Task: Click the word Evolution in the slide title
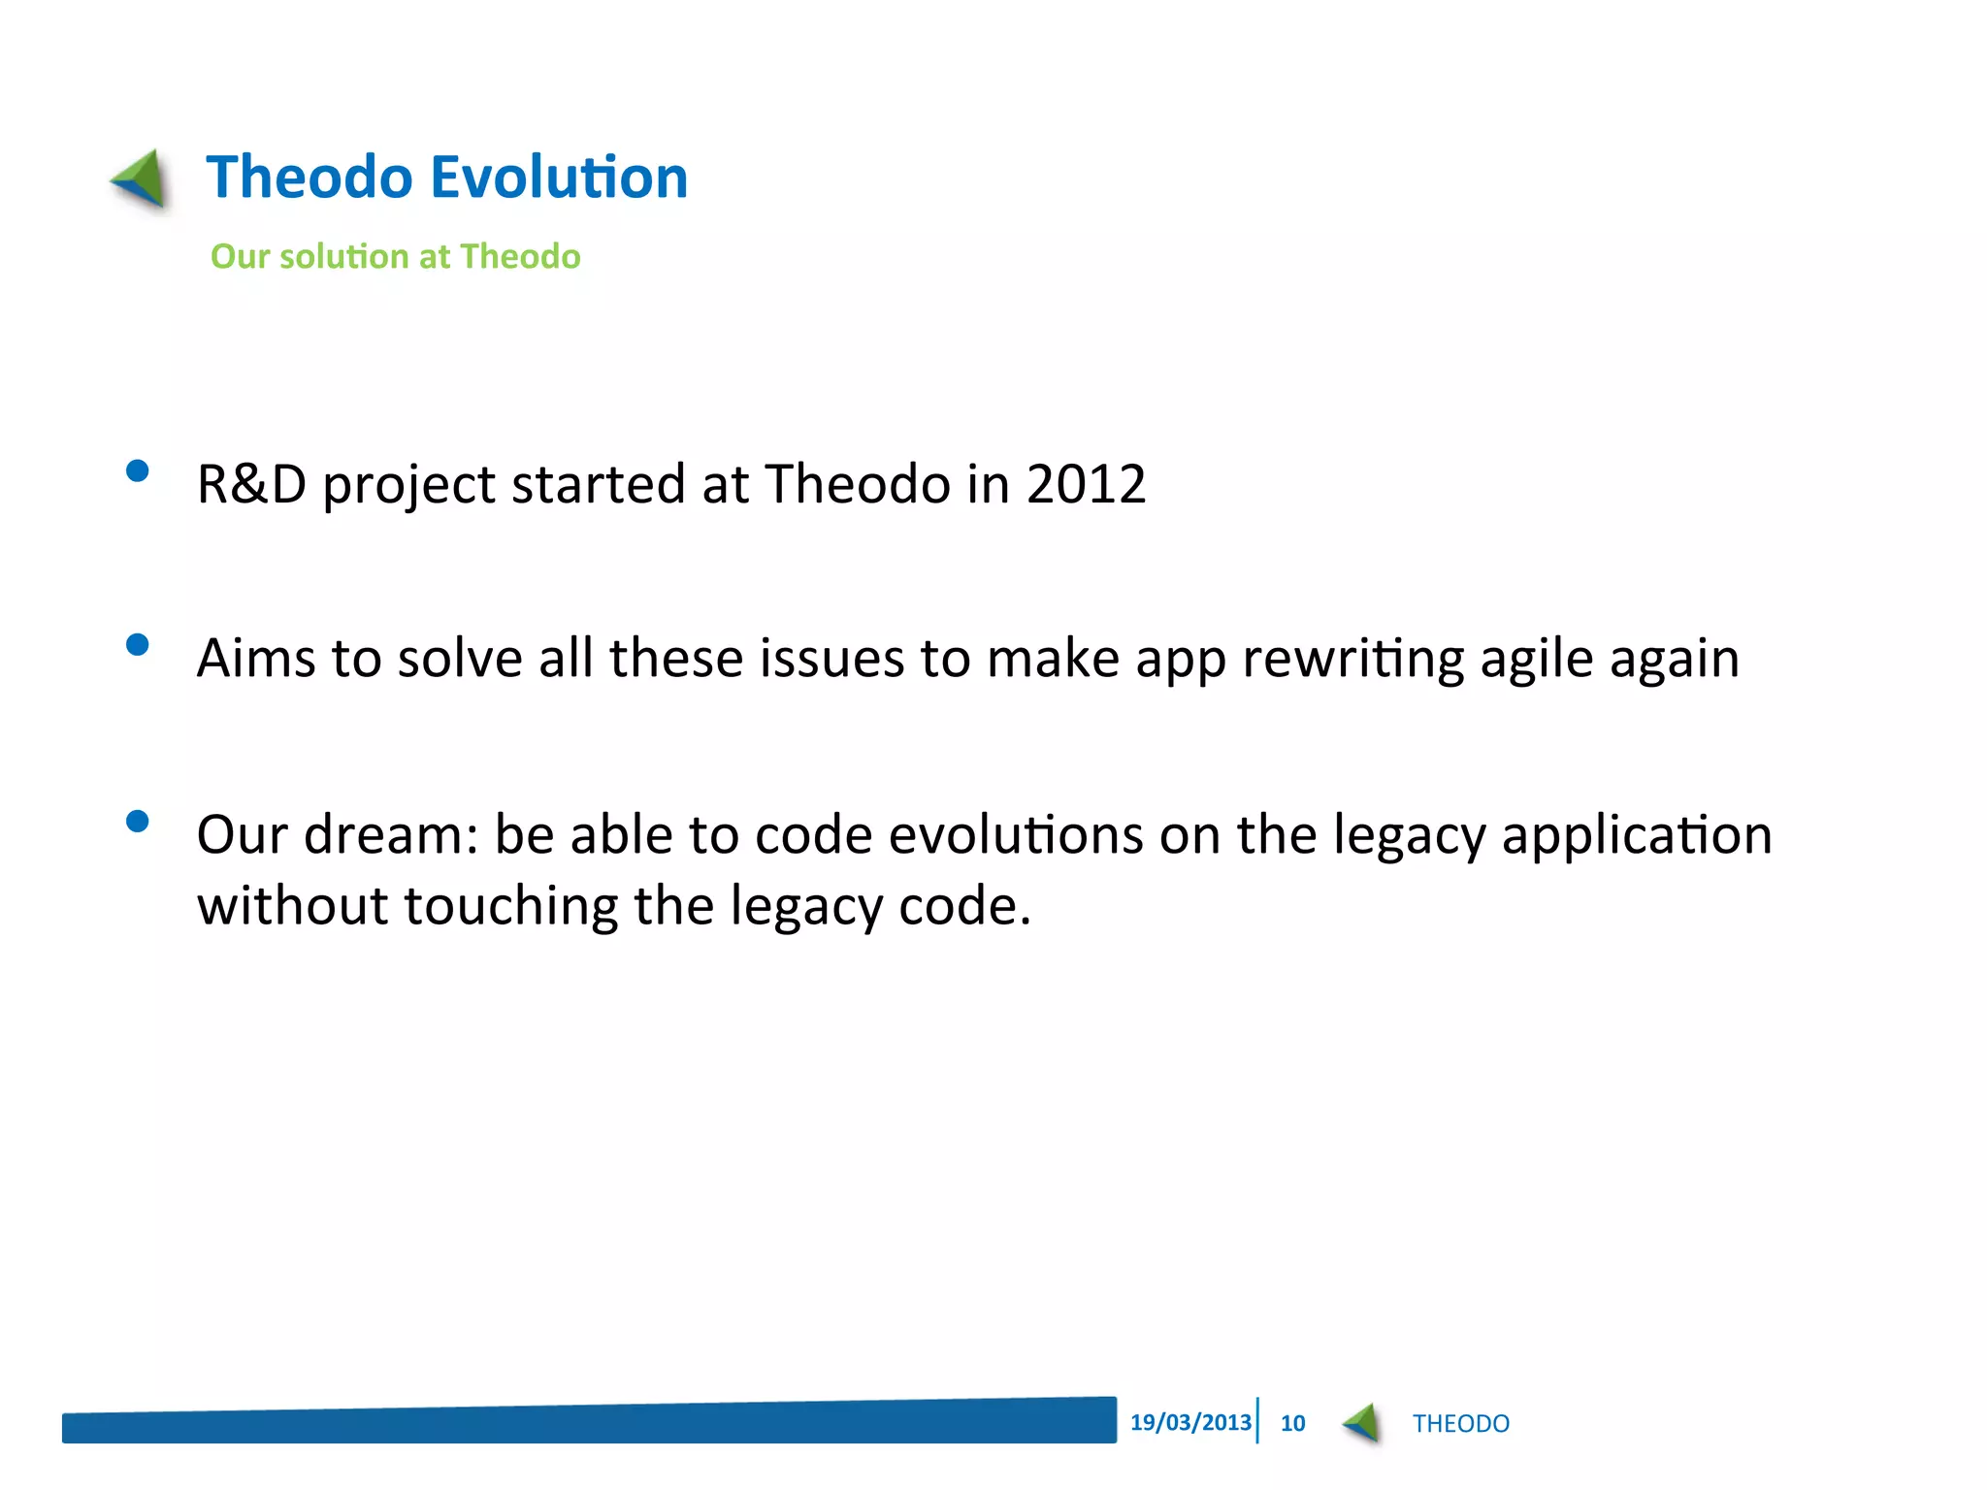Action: click(x=558, y=178)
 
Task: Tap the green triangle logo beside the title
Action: click(x=142, y=178)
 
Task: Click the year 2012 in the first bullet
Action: click(x=1086, y=484)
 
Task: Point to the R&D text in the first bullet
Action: click(x=251, y=484)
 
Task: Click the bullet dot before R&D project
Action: click(x=138, y=471)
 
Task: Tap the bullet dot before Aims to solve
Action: click(x=138, y=645)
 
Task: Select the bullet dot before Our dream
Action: click(x=138, y=822)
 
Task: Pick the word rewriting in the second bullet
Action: click(x=1352, y=660)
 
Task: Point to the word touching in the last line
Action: click(x=510, y=907)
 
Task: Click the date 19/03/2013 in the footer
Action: click(x=1190, y=1423)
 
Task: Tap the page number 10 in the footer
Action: click(x=1292, y=1424)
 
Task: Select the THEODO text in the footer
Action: click(x=1460, y=1424)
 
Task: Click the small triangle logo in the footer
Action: click(x=1362, y=1423)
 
